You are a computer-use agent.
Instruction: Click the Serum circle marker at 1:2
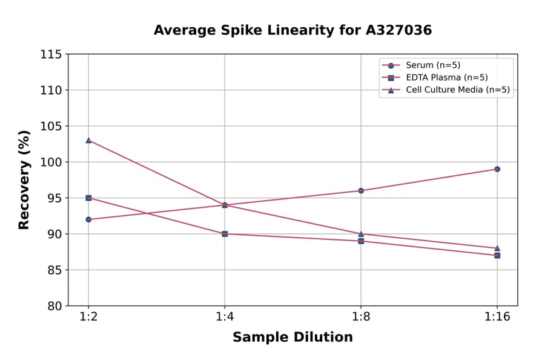click(88, 219)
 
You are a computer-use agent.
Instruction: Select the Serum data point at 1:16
click(497, 169)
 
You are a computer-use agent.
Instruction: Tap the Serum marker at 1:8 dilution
click(361, 190)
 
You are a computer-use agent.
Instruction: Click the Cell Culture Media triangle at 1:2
click(88, 140)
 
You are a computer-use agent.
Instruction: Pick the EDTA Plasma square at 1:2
click(88, 198)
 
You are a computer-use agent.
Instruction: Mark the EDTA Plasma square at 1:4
click(225, 234)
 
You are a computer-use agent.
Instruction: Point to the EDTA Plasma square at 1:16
click(497, 255)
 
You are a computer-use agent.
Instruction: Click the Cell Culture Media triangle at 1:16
click(497, 248)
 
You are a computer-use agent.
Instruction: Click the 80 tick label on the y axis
click(54, 306)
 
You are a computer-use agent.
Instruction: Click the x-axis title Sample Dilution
click(292, 338)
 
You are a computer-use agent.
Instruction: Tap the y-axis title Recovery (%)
click(24, 179)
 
